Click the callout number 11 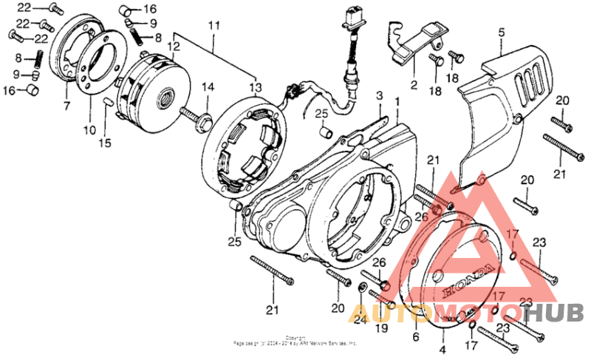click(x=214, y=26)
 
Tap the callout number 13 click(x=256, y=88)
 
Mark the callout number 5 click(x=501, y=32)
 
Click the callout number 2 click(x=414, y=84)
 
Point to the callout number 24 click(x=360, y=319)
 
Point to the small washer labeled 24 click(x=363, y=287)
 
